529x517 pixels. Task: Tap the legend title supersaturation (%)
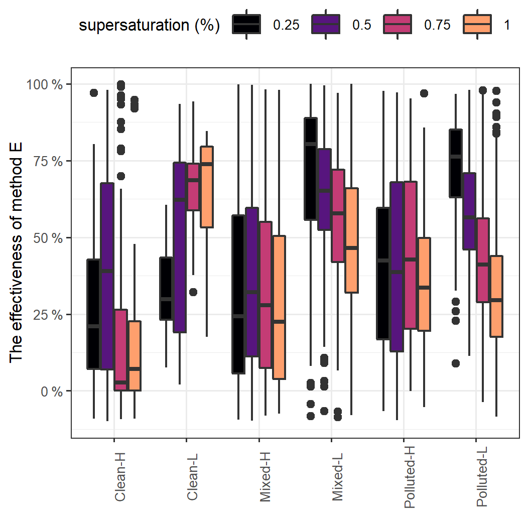point(150,25)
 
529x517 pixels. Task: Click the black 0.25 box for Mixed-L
point(311,169)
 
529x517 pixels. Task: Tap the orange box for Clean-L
point(207,187)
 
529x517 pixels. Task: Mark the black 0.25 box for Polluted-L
point(455,163)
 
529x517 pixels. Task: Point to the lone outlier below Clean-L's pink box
point(193,292)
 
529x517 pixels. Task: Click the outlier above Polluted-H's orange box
point(424,93)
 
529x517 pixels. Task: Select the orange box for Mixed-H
point(279,307)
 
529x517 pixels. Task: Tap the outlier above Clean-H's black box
point(94,92)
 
